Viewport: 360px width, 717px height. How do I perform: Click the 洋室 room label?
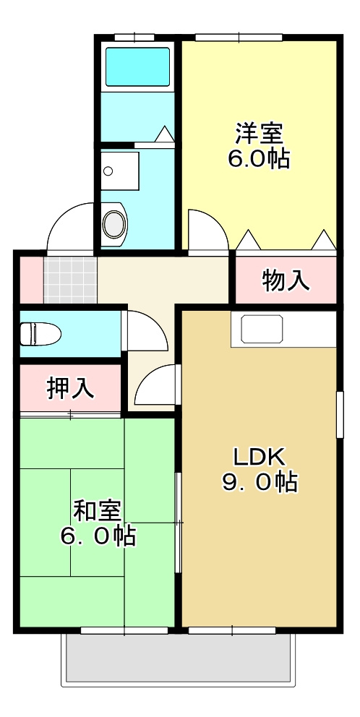point(259,134)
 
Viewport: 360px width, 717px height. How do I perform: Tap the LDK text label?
point(260,456)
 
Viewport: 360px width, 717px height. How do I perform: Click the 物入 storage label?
point(286,280)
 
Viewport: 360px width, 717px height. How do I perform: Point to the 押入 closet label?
point(70,388)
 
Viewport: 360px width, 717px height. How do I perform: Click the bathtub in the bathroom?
point(137,66)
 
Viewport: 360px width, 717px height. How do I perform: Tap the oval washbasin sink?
point(114,223)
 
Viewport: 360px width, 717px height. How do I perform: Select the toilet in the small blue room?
point(39,333)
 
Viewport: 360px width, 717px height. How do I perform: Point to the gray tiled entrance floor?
point(70,279)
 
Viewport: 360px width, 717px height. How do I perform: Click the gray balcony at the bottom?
point(180,659)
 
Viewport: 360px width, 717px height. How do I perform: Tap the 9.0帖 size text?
point(260,482)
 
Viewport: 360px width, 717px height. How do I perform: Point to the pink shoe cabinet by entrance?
point(30,279)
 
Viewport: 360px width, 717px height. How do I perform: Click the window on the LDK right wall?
point(340,413)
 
